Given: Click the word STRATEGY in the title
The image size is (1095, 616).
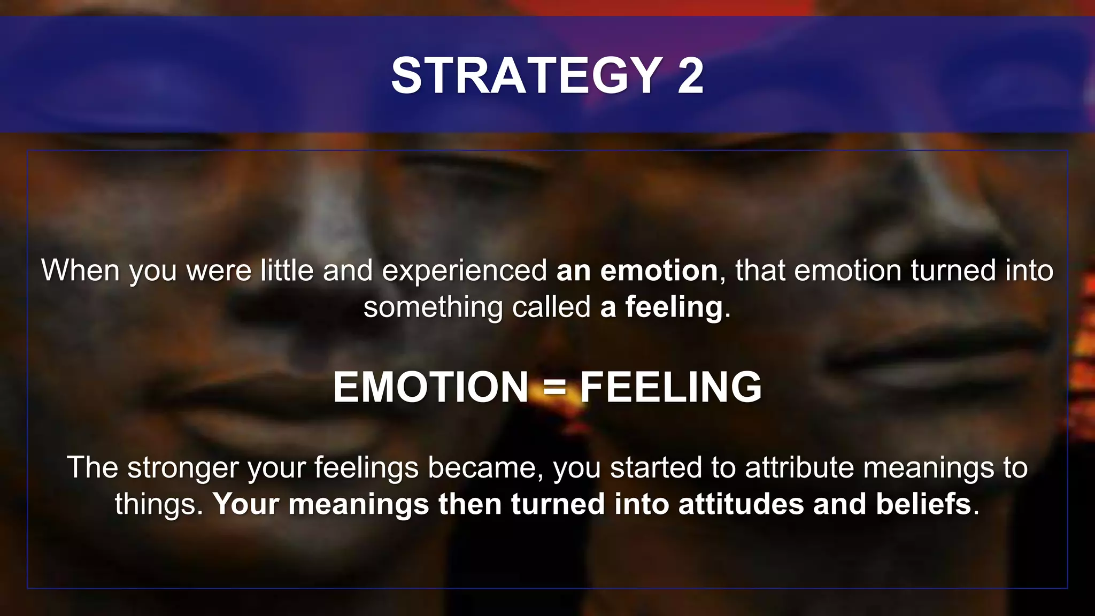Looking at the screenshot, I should [527, 76].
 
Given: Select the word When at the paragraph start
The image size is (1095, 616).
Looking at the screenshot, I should [80, 271].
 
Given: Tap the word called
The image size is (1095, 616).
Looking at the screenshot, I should [551, 307].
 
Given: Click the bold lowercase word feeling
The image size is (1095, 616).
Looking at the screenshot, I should [674, 308].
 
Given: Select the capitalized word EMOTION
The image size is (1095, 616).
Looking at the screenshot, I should [430, 387].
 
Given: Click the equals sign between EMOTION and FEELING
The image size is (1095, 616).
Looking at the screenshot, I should [554, 387].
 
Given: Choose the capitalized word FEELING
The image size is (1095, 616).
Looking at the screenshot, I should [671, 387].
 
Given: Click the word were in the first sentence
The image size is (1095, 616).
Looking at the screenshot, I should [219, 271].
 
